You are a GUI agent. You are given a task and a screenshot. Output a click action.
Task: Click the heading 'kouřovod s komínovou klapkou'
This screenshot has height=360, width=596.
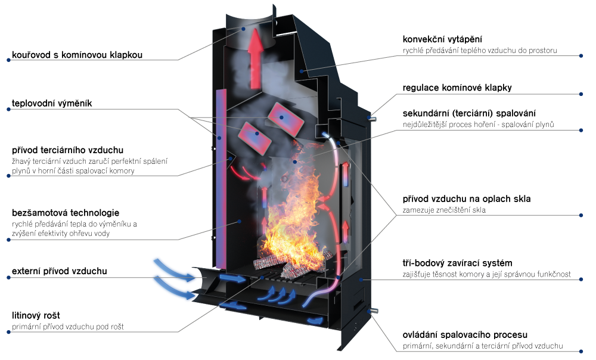tap(77, 55)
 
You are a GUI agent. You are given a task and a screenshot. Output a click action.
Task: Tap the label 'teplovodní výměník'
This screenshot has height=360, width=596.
tap(52, 103)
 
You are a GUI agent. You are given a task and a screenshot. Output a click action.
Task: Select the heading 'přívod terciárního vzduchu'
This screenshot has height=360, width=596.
tap(68, 150)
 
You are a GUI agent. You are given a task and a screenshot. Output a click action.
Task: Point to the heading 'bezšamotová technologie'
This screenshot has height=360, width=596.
tap(66, 213)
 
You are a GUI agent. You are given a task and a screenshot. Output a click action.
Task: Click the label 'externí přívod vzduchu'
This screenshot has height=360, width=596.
tap(59, 271)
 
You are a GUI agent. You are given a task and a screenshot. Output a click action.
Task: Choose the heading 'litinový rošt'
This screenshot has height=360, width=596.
tap(36, 315)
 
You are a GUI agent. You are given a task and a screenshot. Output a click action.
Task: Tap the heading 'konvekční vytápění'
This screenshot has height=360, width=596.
tap(442, 39)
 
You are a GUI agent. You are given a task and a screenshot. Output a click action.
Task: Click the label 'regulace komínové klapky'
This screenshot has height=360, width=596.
tap(457, 88)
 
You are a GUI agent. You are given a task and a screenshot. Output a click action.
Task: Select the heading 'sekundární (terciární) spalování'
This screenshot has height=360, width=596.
tap(469, 113)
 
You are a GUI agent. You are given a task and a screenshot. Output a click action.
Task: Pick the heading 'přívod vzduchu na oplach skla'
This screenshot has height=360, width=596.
tap(467, 199)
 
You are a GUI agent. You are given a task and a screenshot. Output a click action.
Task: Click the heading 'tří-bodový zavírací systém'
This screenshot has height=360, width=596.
tap(457, 263)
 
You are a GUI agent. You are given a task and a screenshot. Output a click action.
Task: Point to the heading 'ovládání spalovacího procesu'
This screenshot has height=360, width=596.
tap(465, 335)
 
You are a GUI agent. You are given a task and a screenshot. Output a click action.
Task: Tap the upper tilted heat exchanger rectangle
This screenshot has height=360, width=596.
tap(286, 119)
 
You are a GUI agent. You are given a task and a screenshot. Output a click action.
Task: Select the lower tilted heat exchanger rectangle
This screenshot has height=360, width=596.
tap(254, 138)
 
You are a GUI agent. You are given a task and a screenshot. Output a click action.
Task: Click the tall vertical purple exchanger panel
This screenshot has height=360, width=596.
tap(221, 179)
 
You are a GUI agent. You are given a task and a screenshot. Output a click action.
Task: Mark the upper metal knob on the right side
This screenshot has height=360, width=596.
tap(372, 119)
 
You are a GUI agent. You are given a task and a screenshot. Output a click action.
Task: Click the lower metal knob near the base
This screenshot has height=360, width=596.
tap(373, 311)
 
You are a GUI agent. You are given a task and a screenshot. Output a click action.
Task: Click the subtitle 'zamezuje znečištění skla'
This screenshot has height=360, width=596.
tap(444, 210)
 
